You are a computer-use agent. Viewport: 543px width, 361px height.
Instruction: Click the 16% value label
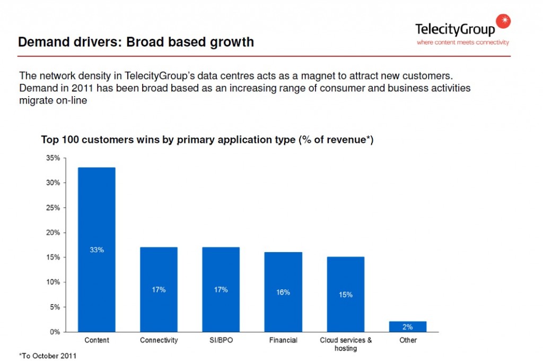[283, 293]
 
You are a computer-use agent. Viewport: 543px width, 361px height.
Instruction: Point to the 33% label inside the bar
[97, 250]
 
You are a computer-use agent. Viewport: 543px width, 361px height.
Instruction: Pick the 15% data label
[345, 295]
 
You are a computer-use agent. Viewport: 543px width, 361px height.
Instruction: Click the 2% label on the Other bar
[408, 327]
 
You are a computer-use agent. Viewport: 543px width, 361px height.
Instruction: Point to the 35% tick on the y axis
[53, 158]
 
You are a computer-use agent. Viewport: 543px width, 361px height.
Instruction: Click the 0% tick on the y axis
[55, 332]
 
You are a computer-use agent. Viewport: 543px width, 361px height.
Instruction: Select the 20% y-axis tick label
[53, 233]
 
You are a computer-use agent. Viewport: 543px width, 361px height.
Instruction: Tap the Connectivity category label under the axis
[159, 340]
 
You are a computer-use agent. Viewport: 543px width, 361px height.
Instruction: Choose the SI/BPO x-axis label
[221, 340]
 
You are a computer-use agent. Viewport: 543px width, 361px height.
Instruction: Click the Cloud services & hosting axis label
[346, 344]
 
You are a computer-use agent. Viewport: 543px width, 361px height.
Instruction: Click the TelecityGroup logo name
[455, 29]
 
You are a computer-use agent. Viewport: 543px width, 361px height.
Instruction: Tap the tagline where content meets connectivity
[462, 42]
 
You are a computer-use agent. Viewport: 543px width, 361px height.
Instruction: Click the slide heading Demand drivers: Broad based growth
[136, 42]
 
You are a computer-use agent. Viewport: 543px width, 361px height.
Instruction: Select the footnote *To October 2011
[47, 356]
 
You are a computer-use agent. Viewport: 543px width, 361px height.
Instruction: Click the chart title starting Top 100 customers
[207, 140]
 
